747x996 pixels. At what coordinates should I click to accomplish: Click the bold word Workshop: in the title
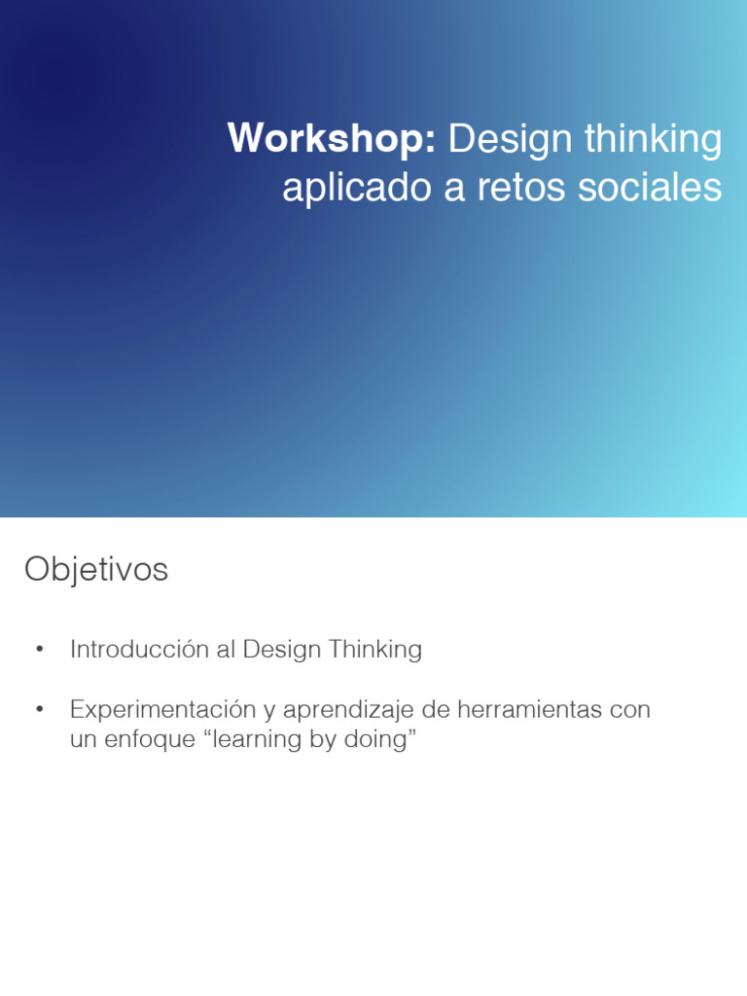coord(332,139)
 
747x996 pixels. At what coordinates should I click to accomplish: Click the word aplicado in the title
coord(357,188)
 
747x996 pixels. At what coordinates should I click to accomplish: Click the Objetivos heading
coord(96,570)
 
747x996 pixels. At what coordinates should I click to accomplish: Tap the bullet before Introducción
coord(39,650)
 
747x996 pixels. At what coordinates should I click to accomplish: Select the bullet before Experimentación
coord(39,710)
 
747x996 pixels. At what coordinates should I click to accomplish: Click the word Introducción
coord(139,650)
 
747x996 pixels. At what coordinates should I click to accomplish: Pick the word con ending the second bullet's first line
coord(629,710)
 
